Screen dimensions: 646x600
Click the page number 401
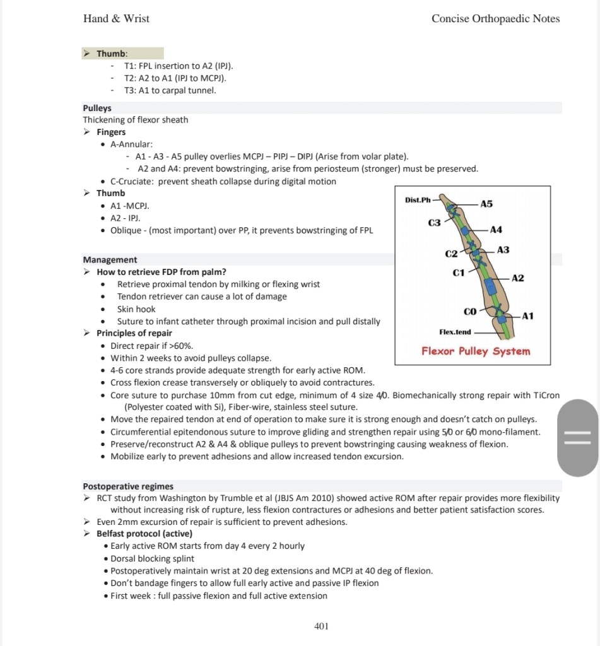(x=321, y=626)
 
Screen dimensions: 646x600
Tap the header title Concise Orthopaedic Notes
(x=495, y=18)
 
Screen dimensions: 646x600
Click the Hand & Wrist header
(x=116, y=18)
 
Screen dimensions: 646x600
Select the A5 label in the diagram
(x=486, y=204)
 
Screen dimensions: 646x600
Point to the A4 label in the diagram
(x=496, y=230)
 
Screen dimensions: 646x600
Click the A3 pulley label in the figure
(x=503, y=250)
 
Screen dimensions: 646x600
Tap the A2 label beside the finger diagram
(x=517, y=278)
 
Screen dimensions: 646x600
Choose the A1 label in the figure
(x=527, y=315)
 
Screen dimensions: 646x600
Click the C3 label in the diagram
(x=434, y=223)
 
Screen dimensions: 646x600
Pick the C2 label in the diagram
(x=451, y=254)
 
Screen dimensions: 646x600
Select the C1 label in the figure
(x=459, y=273)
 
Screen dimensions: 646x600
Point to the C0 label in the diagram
(x=470, y=311)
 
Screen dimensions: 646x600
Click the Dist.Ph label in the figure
(x=418, y=200)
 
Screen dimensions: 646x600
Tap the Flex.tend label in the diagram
(x=455, y=332)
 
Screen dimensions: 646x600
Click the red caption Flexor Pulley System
(x=476, y=351)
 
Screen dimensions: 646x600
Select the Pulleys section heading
(x=97, y=108)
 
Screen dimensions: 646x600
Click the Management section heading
(x=110, y=259)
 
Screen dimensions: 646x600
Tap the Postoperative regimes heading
(x=128, y=486)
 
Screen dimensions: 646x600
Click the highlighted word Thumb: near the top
(x=112, y=54)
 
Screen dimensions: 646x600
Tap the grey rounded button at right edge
(x=577, y=438)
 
